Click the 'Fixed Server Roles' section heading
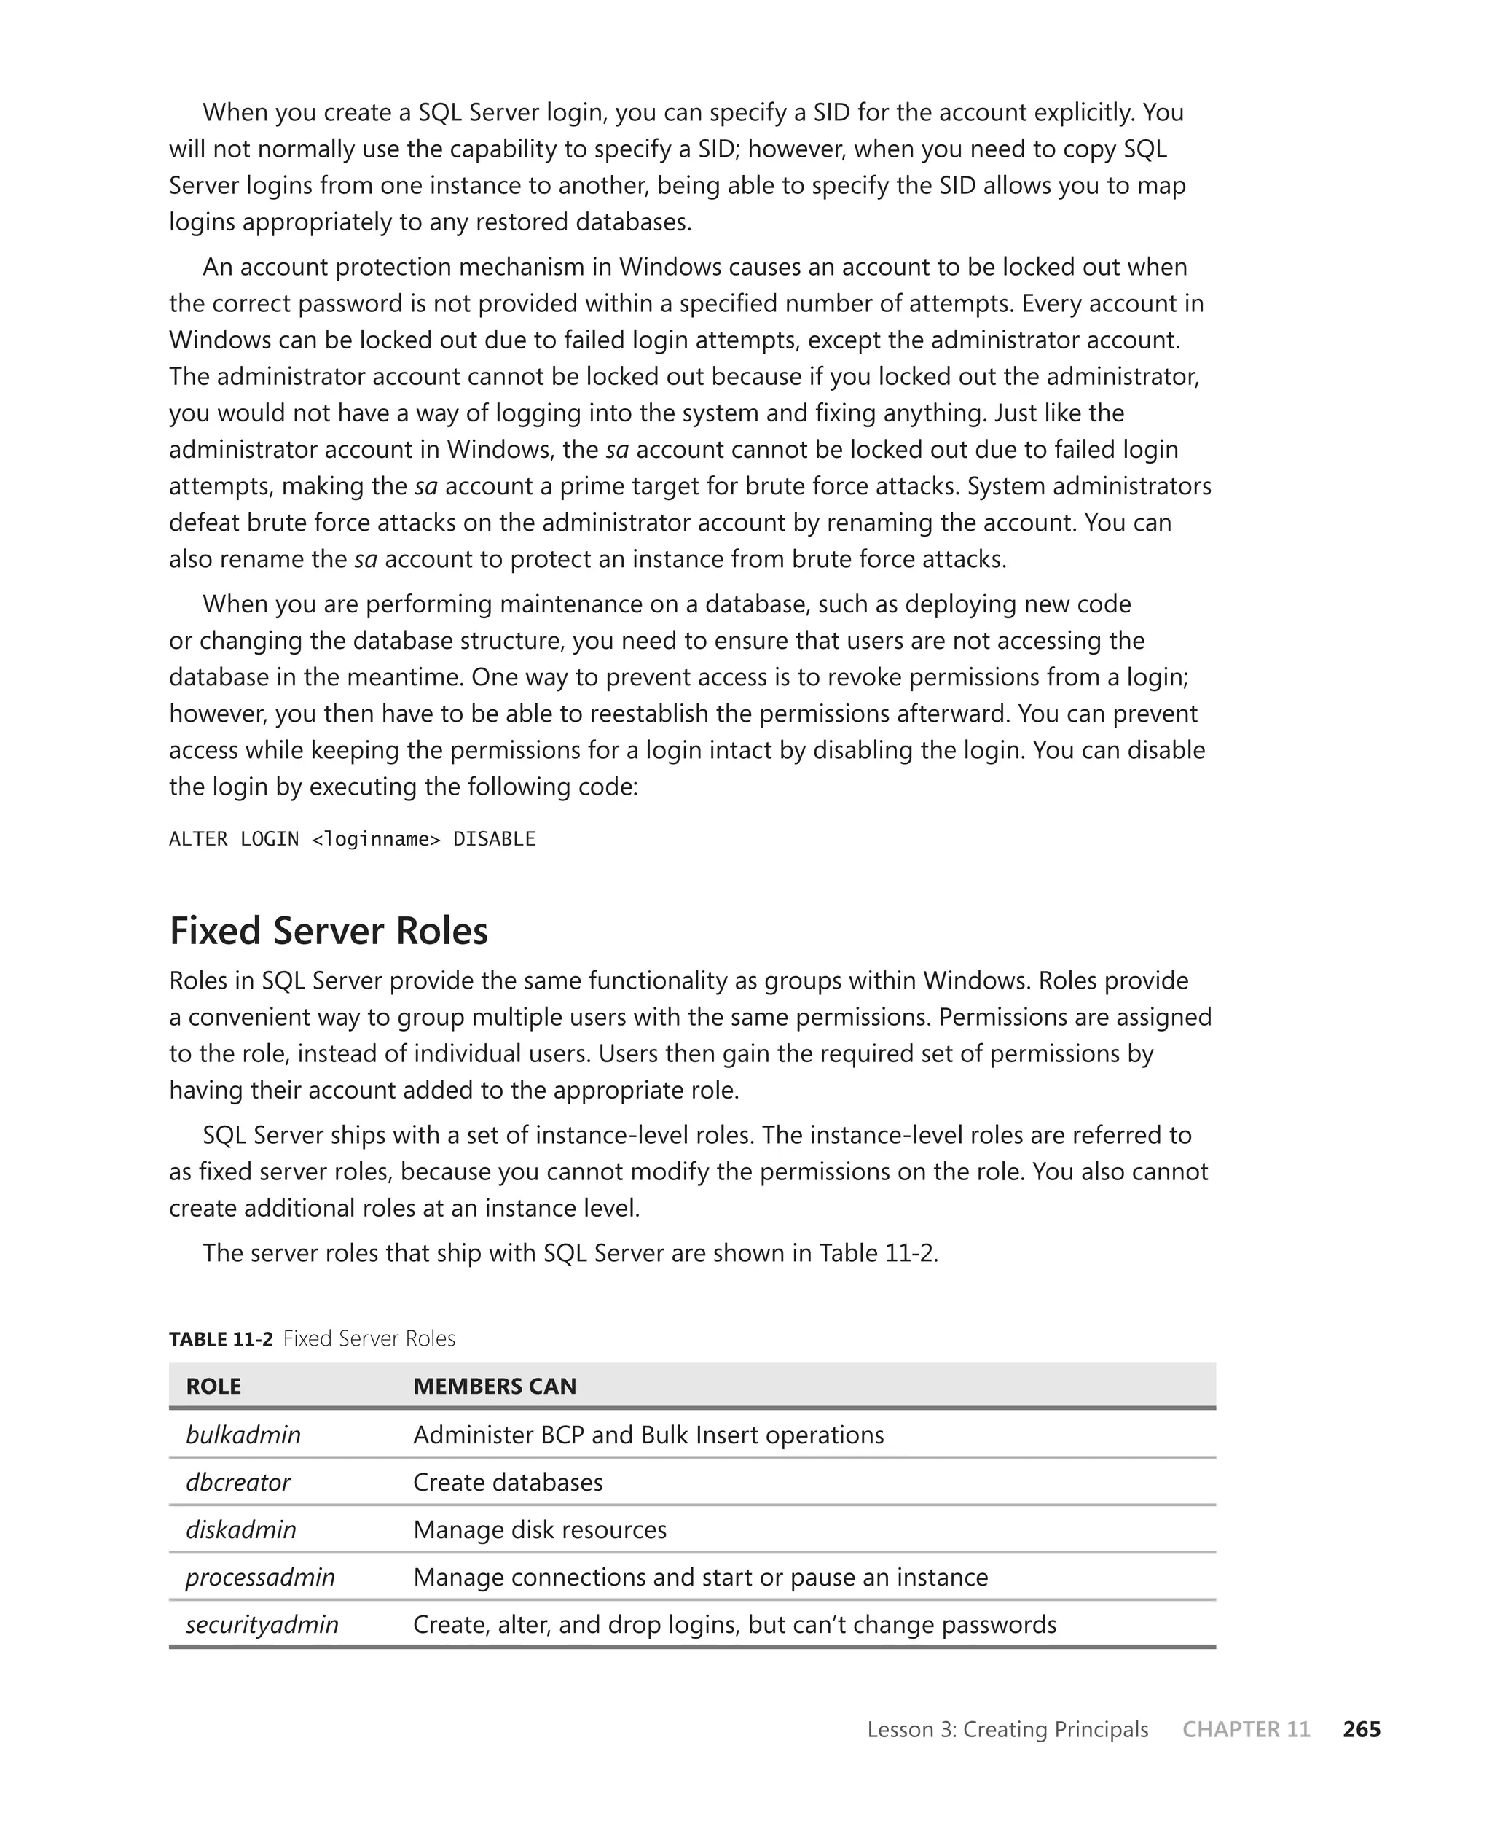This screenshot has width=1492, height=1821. point(329,931)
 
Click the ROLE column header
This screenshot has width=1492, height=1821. point(213,1386)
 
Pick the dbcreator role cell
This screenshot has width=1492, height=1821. point(238,1482)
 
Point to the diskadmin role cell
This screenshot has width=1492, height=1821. point(240,1529)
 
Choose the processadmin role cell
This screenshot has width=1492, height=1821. point(260,1577)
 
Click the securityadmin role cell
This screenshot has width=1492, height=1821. point(262,1624)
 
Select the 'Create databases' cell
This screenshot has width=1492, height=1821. point(508,1482)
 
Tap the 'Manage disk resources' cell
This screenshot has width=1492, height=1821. point(540,1529)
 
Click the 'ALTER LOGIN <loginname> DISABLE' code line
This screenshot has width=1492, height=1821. point(353,839)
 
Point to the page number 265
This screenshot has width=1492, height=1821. point(1362,1729)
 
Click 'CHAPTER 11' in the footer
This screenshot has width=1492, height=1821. point(1246,1729)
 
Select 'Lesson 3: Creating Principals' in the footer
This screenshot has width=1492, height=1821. point(1008,1729)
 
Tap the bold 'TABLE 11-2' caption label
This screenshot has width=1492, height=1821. point(221,1338)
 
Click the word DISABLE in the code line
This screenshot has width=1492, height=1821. point(494,839)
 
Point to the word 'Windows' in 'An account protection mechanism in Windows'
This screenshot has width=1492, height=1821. point(670,268)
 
